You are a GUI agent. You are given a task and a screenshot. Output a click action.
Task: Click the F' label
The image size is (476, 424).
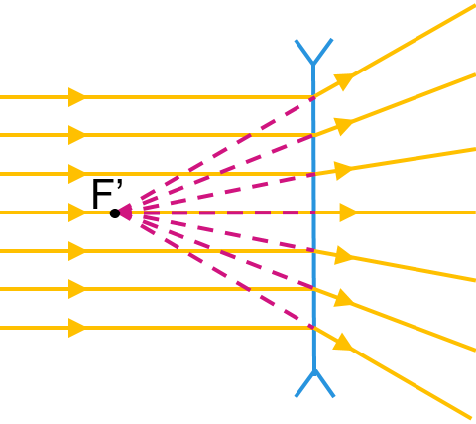pos(107,194)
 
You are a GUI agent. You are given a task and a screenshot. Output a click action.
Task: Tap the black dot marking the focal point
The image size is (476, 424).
pos(115,213)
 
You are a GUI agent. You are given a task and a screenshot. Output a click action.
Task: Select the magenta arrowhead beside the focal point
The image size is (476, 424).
pos(126,212)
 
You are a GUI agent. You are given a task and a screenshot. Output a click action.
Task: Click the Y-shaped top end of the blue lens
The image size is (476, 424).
pos(313,52)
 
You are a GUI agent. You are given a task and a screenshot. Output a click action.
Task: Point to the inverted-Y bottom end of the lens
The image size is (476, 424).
pos(314,383)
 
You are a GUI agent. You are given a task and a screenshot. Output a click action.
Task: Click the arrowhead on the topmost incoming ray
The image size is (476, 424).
pos(76,97)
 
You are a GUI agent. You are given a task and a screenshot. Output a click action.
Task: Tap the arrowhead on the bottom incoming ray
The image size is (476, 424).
pos(76,328)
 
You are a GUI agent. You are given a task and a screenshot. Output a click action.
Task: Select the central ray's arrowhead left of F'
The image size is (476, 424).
pos(76,212)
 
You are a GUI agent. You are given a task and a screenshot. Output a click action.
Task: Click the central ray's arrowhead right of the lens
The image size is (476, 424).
pos(348,212)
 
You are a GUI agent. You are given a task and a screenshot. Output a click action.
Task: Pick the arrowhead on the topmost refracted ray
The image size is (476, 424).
pos(344,81)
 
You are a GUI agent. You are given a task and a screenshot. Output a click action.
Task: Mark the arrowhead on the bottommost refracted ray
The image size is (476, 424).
pos(342,342)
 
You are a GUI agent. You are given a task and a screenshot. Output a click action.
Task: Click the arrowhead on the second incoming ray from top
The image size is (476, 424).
pos(76,135)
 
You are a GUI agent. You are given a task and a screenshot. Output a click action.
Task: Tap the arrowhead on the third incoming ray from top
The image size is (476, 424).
pos(76,174)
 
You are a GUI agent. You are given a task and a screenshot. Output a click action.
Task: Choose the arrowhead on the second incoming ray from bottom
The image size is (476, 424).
pos(76,289)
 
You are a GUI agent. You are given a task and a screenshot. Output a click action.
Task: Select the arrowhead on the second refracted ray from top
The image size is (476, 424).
pos(344,126)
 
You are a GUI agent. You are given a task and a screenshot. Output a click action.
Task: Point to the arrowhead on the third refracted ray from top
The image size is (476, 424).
pos(343,171)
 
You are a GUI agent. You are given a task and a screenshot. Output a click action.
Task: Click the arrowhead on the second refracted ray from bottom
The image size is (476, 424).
pos(343,298)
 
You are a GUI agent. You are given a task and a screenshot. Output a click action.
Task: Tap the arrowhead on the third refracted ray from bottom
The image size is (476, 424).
pos(344,255)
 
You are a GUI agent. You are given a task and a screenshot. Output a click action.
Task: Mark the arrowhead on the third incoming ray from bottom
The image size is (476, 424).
pos(76,251)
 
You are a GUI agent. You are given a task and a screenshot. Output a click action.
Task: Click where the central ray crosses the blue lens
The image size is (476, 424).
pos(313,212)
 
